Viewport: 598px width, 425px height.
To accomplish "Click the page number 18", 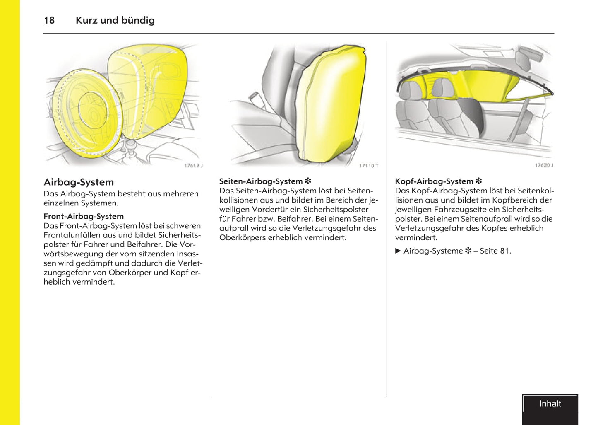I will (x=49, y=20).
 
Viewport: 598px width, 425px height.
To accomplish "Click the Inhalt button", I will (x=550, y=404).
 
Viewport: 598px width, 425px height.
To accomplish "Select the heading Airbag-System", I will (x=79, y=182).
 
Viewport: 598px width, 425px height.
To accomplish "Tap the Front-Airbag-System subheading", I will (x=84, y=216).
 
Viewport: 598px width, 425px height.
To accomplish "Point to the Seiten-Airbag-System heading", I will (x=261, y=181).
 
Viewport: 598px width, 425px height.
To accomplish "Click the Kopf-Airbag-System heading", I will (x=434, y=181).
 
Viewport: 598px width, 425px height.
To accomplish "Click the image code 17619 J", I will (x=193, y=166).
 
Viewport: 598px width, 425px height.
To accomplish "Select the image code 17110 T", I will (x=369, y=166).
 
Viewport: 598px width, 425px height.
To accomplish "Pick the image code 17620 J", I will (x=544, y=165).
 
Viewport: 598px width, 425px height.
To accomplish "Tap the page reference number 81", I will (x=504, y=251).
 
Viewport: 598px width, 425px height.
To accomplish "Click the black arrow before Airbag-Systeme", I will (x=398, y=251).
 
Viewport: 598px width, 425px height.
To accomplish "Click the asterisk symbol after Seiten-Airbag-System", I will (x=308, y=181).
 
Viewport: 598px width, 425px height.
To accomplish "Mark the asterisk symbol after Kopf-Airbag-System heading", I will (x=479, y=181).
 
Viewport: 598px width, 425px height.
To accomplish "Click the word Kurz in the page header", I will (x=86, y=20).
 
